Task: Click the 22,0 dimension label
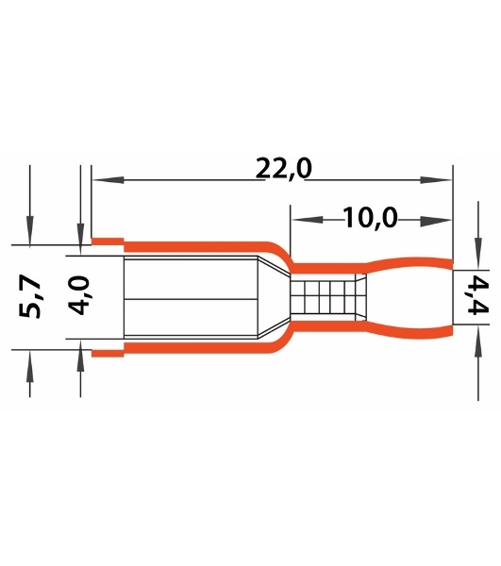point(283,169)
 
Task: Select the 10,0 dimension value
point(370,218)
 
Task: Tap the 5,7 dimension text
point(30,297)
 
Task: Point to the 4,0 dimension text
point(78,295)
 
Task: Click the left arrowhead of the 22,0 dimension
point(109,180)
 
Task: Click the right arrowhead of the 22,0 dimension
point(436,180)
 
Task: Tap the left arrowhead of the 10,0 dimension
point(308,220)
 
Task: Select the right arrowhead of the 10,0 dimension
point(436,220)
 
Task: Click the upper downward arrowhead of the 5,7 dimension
point(30,230)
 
